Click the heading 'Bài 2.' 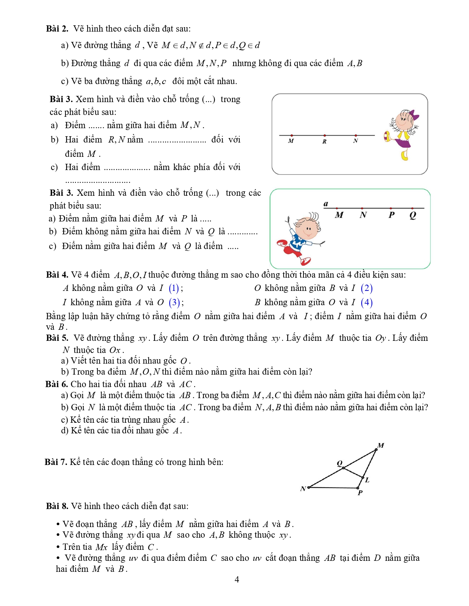(x=57, y=29)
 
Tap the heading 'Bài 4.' (x=57, y=275)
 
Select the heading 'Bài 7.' (x=56, y=462)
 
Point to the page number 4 (x=237, y=580)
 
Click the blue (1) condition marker (x=174, y=288)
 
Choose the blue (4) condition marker (x=366, y=302)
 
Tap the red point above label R (x=324, y=136)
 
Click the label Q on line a (x=413, y=215)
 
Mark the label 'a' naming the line (x=326, y=204)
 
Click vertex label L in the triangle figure (x=367, y=480)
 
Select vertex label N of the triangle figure (x=303, y=489)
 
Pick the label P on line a (x=391, y=215)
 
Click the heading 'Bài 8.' (x=57, y=506)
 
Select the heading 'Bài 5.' (x=57, y=338)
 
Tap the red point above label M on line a (x=337, y=208)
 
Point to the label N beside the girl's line (x=355, y=141)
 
